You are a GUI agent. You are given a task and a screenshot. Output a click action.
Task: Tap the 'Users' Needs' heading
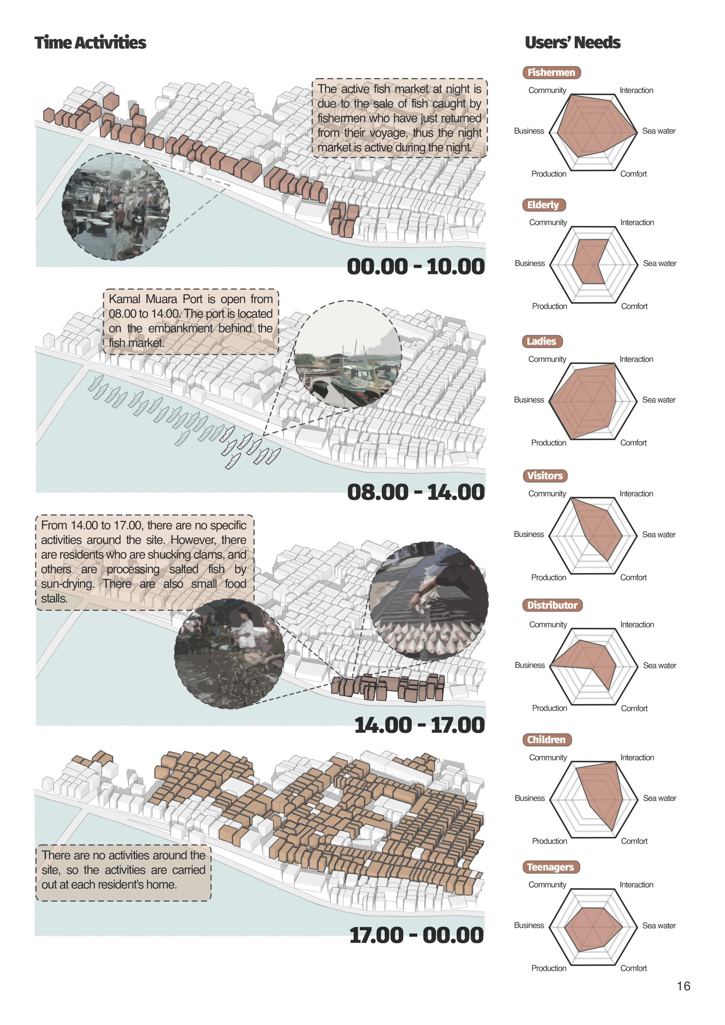[572, 43]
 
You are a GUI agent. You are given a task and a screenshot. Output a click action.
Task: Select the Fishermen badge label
[551, 72]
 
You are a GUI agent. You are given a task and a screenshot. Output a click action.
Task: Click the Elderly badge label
[543, 205]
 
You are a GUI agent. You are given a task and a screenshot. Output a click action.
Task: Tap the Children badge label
[546, 740]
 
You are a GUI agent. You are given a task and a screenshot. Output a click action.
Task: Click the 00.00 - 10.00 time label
[416, 267]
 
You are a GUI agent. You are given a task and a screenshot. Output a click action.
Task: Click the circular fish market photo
[116, 206]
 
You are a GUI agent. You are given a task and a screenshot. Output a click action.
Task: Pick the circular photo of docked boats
[348, 355]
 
